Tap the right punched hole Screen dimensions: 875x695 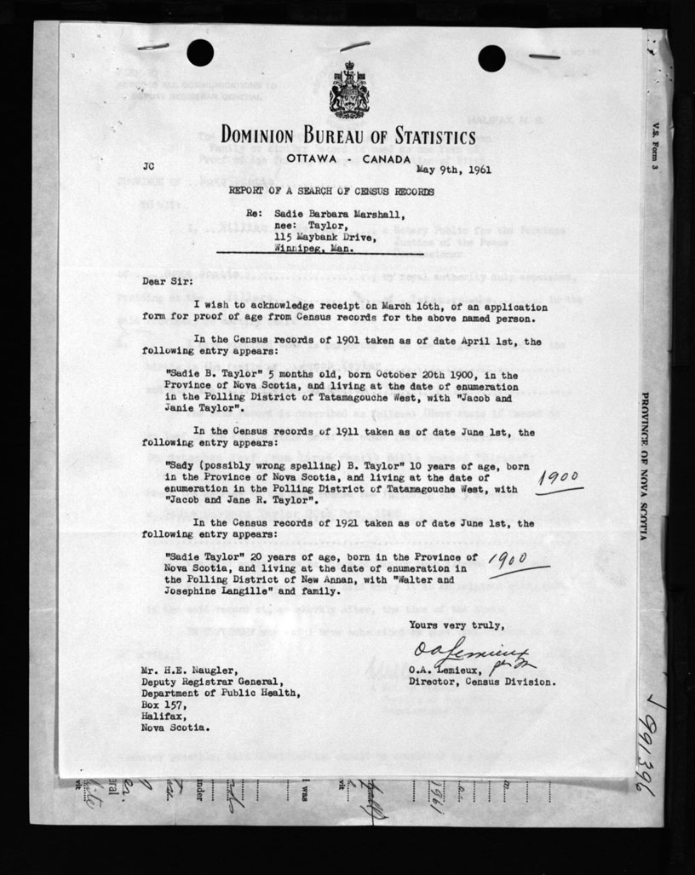[492, 57]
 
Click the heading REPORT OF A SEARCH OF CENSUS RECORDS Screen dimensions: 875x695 [325, 192]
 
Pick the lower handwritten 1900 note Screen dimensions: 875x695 [517, 558]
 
